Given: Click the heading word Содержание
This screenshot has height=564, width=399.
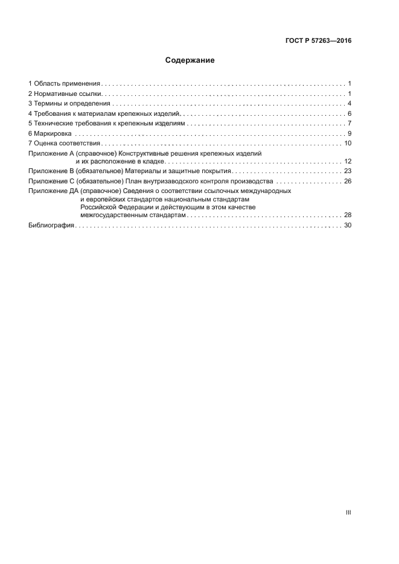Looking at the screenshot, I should coord(190,60).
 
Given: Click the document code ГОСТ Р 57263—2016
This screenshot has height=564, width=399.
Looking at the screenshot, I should coord(319,41).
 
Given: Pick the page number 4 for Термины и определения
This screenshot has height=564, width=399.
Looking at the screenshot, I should coord(349,104).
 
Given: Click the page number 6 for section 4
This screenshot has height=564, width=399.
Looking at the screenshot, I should coord(349,114).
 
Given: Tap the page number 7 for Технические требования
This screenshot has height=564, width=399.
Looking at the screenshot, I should coord(349,124).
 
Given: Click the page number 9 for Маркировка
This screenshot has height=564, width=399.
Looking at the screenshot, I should coord(349,134).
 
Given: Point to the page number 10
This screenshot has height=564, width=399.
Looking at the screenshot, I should coord(347,144).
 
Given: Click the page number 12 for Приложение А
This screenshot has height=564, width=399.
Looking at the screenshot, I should coord(347,162).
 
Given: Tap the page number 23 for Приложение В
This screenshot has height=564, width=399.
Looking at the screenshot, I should coord(347,171).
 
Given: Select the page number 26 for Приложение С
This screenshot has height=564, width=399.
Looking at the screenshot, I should coord(347,181).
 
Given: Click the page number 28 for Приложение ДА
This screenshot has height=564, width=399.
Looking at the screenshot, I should coord(347,215).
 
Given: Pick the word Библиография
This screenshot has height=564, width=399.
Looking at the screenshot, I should coord(51,225).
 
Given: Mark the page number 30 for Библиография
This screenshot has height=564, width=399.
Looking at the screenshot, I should coord(347,225).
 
